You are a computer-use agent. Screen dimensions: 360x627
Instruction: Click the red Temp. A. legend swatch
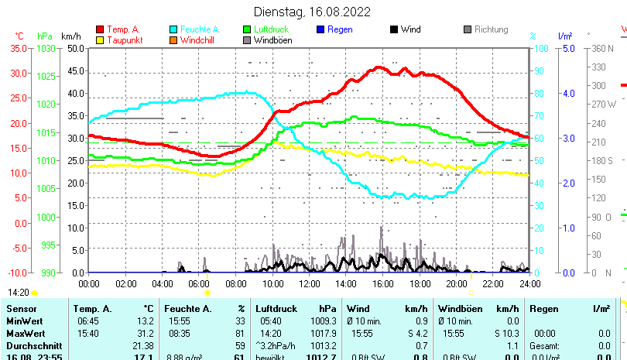(x=100, y=29)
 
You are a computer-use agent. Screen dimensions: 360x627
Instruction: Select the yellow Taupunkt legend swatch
(x=100, y=40)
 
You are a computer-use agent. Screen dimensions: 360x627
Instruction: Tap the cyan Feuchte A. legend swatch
(x=173, y=29)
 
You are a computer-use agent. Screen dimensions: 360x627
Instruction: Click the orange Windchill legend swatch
(x=173, y=40)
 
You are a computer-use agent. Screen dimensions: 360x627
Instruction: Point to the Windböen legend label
(x=272, y=40)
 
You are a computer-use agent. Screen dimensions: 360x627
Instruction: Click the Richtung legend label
(x=491, y=29)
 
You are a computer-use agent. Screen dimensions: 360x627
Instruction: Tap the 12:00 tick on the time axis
(x=309, y=283)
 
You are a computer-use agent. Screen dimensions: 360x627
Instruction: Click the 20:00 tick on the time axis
(x=456, y=283)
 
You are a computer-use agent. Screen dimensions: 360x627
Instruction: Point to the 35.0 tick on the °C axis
(x=18, y=48)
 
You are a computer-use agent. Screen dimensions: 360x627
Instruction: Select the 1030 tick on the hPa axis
(x=46, y=48)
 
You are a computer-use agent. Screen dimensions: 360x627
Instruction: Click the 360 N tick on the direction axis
(x=603, y=48)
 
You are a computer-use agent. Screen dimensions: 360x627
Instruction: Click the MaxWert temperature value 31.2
(x=146, y=333)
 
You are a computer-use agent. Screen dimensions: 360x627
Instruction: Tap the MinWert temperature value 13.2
(x=146, y=321)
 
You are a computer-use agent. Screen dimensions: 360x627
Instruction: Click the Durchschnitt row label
(x=30, y=345)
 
